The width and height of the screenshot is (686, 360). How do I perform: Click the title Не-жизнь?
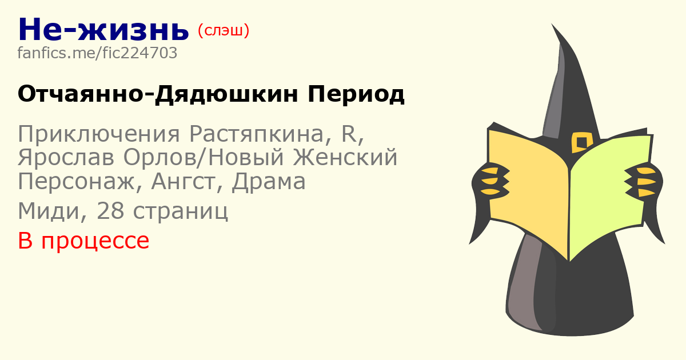(103, 30)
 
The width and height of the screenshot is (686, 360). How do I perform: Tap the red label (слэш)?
(224, 31)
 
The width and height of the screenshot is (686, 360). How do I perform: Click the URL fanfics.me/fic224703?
(97, 53)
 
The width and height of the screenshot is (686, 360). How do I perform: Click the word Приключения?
(99, 134)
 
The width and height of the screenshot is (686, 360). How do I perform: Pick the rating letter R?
(349, 134)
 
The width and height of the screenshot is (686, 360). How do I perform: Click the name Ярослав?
(66, 157)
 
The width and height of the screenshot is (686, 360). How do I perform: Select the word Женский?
(345, 157)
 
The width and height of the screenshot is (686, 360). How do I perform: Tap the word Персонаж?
(76, 182)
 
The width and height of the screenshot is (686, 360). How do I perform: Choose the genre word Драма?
(269, 182)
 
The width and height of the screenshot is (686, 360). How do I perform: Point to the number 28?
(110, 211)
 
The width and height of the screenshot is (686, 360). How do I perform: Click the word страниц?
(181, 211)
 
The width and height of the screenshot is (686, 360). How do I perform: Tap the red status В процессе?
(83, 241)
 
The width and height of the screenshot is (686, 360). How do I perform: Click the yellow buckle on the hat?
(581, 142)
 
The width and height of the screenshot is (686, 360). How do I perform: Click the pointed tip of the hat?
(552, 24)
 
